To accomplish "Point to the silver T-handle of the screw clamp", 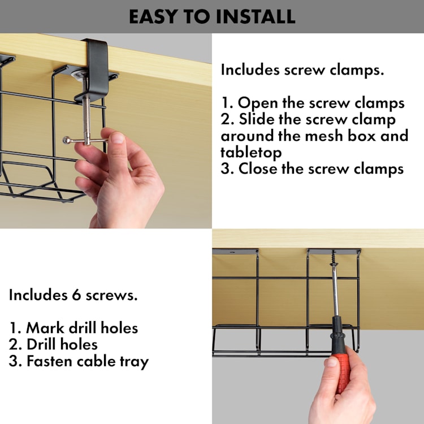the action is (85, 140).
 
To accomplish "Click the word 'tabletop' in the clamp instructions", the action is (251, 152).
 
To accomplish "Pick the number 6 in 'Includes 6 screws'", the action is (76, 295).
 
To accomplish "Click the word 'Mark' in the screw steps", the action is (45, 328).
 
